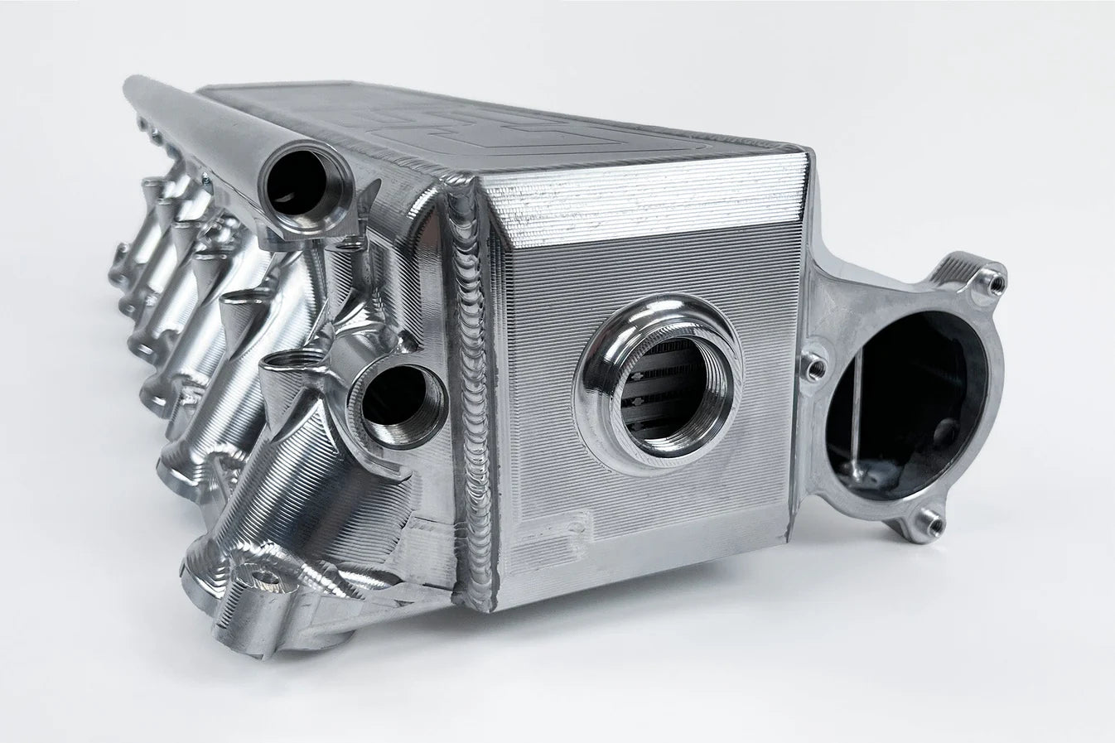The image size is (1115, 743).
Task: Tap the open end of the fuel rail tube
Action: (x=295, y=181)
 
